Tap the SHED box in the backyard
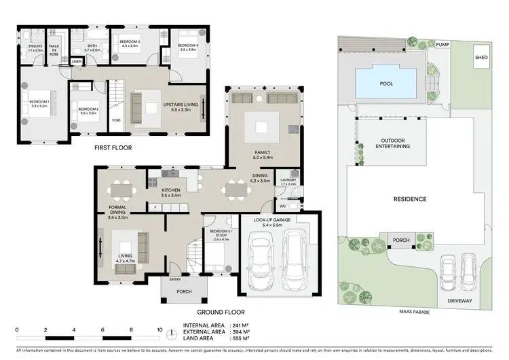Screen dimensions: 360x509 (x=481, y=58)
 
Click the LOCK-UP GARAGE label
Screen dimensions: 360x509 (x=272, y=221)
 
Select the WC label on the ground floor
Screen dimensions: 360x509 (x=283, y=204)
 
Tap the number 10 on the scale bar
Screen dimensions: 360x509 (x=159, y=330)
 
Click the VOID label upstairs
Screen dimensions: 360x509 (x=116, y=120)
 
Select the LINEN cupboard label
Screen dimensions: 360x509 (x=77, y=62)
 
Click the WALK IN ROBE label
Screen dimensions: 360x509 (x=54, y=49)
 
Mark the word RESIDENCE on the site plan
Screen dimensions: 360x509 (x=410, y=199)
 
